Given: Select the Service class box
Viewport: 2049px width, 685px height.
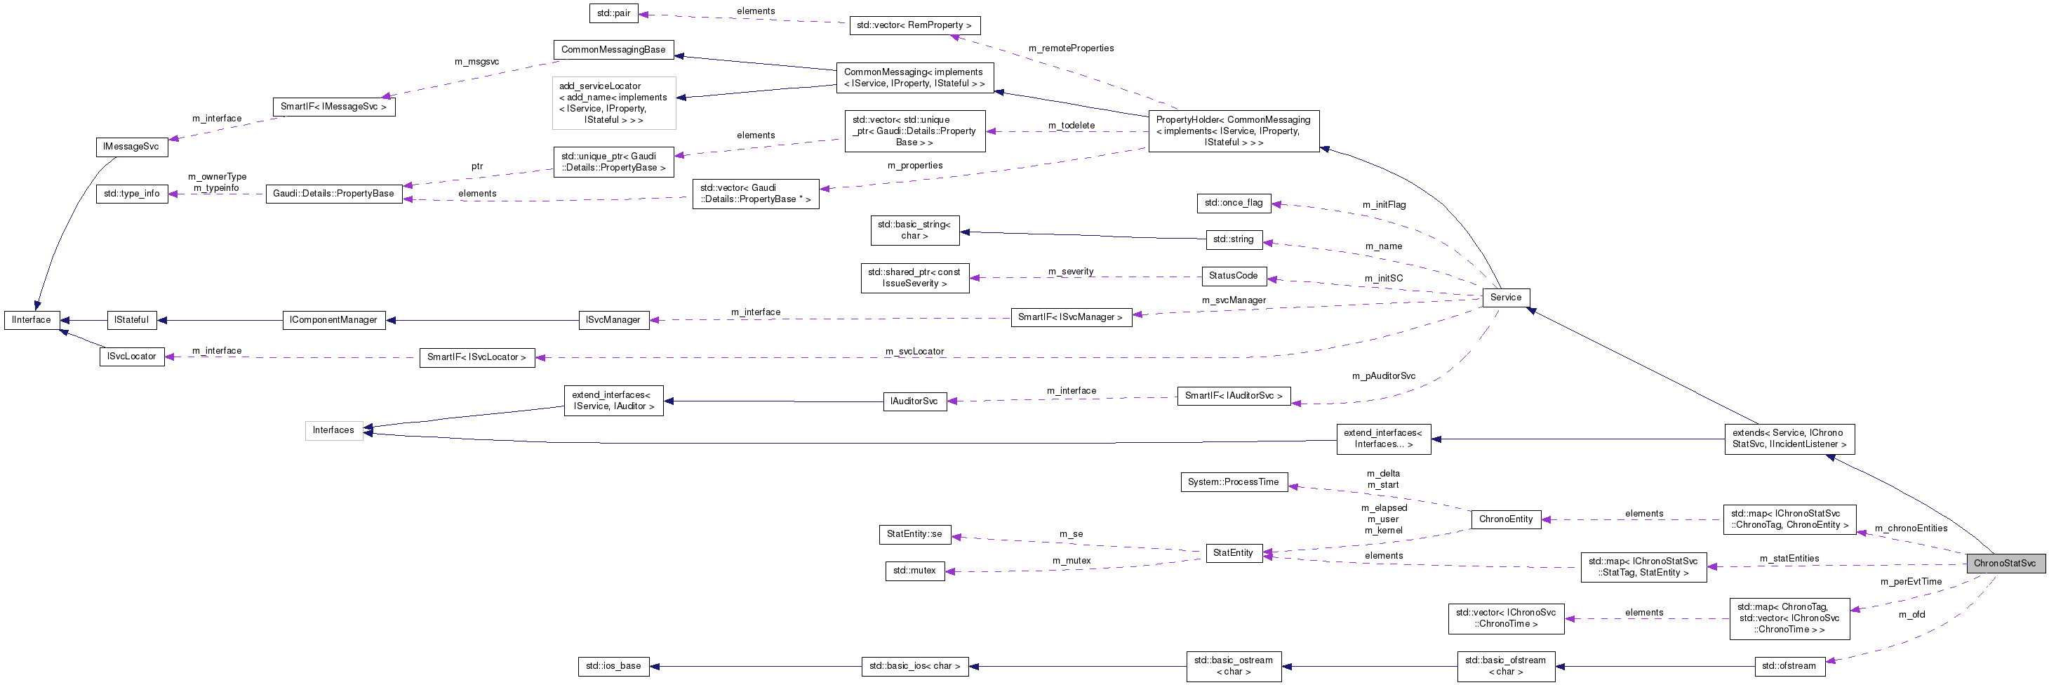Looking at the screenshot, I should tap(1505, 298).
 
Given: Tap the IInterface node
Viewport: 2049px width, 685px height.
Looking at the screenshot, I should tap(32, 320).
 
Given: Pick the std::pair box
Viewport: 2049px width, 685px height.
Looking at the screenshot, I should tap(613, 13).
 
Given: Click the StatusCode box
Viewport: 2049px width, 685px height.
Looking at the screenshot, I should tap(1233, 276).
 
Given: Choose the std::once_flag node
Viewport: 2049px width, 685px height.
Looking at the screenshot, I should tap(1233, 203).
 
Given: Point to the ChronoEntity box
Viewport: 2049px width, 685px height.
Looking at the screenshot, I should tap(1505, 519).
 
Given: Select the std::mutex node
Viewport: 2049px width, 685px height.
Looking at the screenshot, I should tap(915, 571).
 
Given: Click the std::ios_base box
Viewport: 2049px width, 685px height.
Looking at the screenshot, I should tap(613, 666).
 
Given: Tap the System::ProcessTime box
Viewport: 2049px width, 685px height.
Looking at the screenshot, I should tap(1233, 482).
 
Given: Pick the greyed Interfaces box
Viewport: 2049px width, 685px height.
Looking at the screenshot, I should tap(333, 430).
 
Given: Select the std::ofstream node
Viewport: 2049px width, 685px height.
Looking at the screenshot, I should tap(1788, 666).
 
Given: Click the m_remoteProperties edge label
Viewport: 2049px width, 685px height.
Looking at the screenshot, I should tap(1071, 48).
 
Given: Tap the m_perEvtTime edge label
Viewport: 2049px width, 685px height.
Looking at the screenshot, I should tap(1910, 582).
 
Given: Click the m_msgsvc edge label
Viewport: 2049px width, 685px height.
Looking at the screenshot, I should tap(476, 61).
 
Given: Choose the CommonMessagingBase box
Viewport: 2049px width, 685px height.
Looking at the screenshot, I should tap(613, 49).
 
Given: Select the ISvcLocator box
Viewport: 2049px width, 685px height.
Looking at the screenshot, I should tap(131, 357).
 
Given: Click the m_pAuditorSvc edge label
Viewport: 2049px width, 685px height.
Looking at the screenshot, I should tap(1383, 375).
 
